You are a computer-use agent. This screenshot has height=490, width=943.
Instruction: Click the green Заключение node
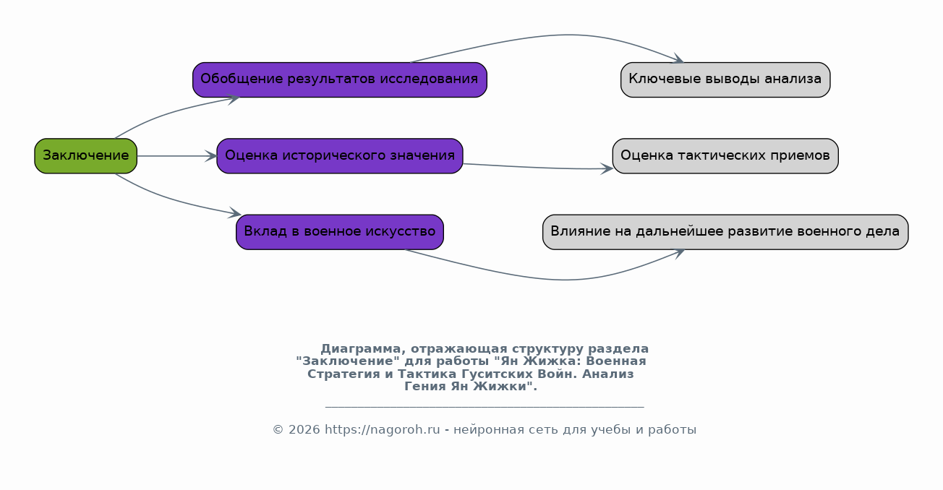tap(86, 156)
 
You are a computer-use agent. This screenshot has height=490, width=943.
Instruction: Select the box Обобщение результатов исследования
tap(340, 80)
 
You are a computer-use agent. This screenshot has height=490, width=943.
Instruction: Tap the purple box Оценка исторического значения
tap(340, 156)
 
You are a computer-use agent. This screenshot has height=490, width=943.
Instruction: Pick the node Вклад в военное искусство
tap(340, 232)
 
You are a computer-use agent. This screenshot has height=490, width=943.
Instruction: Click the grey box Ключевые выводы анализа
tap(725, 80)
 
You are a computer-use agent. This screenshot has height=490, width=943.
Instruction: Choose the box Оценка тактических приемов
tap(725, 156)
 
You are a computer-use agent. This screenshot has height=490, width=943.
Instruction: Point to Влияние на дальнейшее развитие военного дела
tap(725, 232)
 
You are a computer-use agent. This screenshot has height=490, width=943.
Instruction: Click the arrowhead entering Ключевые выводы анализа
tap(679, 59)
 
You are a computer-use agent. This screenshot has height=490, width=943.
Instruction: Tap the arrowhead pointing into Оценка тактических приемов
tap(607, 169)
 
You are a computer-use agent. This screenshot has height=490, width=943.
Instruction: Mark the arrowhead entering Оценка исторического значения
tap(211, 156)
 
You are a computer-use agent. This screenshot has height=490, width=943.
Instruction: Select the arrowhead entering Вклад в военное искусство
tap(235, 213)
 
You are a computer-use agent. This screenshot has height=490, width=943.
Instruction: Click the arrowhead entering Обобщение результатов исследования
tap(234, 99)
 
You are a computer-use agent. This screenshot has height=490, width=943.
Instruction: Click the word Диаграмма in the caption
tap(361, 348)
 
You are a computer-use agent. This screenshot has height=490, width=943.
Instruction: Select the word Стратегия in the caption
tap(344, 374)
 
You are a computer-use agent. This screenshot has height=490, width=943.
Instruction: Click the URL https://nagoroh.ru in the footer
tap(383, 430)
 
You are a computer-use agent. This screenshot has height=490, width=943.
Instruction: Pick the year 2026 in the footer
tap(304, 430)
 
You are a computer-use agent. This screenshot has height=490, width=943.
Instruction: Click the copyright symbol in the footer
tap(278, 430)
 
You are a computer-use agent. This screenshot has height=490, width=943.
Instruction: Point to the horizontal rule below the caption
tap(485, 407)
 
